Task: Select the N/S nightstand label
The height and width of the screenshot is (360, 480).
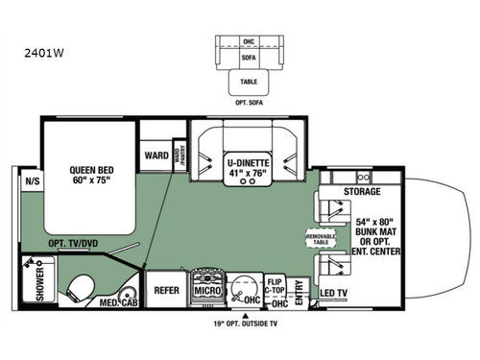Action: [x=33, y=179]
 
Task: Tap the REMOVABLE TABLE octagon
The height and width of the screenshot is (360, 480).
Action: [x=321, y=238]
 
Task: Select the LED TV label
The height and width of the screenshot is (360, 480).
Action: [x=334, y=292]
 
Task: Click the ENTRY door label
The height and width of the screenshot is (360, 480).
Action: [x=300, y=288]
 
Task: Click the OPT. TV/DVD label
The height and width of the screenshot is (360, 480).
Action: [x=73, y=244]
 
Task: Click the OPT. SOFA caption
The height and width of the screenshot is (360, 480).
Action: [x=248, y=99]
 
